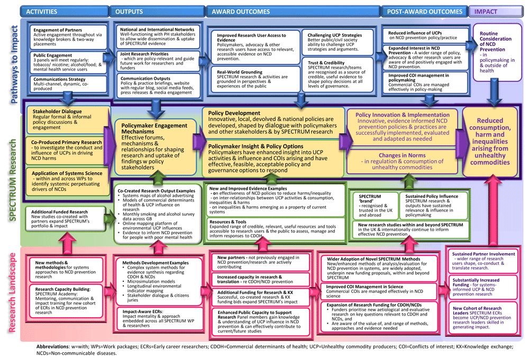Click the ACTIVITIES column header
pos(44,12)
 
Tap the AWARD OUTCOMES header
pos(240,12)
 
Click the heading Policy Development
pos(234,113)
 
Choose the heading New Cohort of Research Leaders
pos(477,310)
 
